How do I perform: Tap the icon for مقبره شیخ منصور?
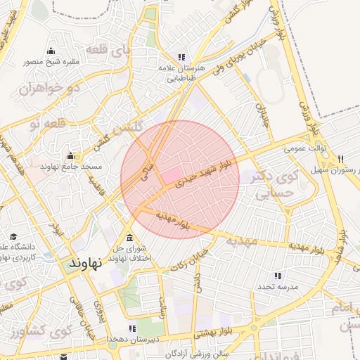[x=51, y=51]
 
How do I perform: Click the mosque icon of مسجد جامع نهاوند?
[x=70, y=156]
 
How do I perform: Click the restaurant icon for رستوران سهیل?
[x=341, y=158]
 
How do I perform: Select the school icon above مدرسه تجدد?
[x=278, y=276]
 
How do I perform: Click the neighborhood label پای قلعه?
[x=107, y=51]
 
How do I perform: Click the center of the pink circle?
[x=180, y=179]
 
